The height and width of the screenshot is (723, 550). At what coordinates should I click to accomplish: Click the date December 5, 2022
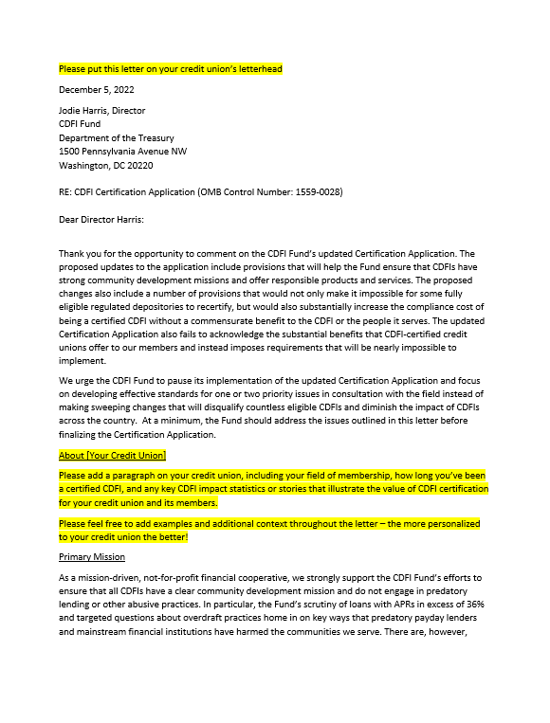[96, 90]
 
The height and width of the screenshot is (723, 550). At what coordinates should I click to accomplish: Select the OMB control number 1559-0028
[318, 192]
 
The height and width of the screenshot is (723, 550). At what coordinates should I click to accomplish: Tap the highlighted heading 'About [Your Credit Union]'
[112, 456]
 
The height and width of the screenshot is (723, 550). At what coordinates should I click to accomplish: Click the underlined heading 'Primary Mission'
[91, 557]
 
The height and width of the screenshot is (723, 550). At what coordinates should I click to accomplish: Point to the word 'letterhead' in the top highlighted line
[259, 69]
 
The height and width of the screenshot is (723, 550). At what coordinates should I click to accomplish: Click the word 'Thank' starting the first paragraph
[72, 254]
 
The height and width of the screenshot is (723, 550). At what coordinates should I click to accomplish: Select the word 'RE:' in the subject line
[65, 192]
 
